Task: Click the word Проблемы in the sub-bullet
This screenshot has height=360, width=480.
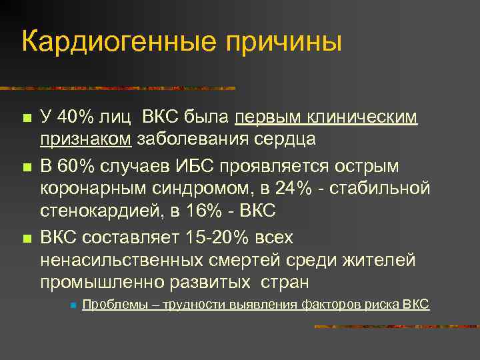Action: [x=108, y=305]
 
